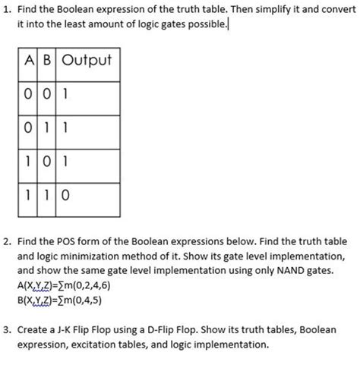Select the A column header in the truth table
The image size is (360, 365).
coord(28,60)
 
